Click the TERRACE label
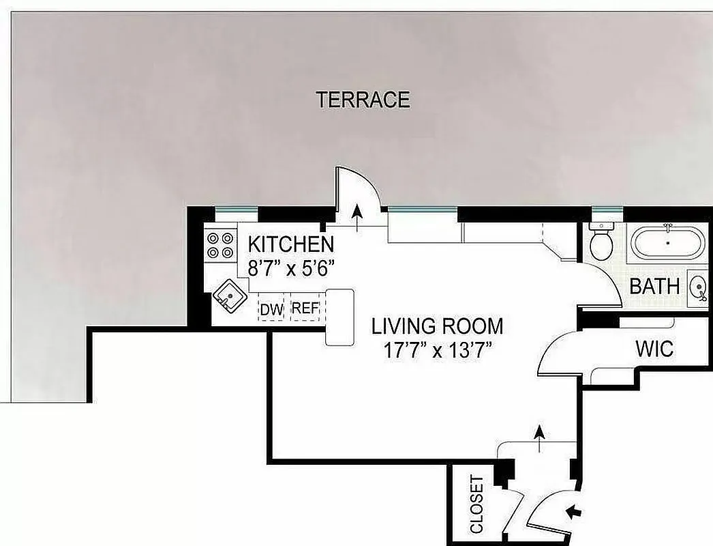pyautogui.click(x=363, y=100)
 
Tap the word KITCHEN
pyautogui.click(x=290, y=244)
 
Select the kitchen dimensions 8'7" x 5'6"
pyautogui.click(x=293, y=268)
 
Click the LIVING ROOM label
pyautogui.click(x=437, y=326)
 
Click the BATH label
pyautogui.click(x=654, y=286)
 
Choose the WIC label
pyautogui.click(x=654, y=349)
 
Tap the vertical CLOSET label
pyautogui.click(x=476, y=504)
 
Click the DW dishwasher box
pyautogui.click(x=271, y=309)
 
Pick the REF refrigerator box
pyautogui.click(x=305, y=308)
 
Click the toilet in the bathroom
pyautogui.click(x=602, y=244)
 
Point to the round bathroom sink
pyautogui.click(x=699, y=287)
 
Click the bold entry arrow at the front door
pyautogui.click(x=575, y=510)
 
